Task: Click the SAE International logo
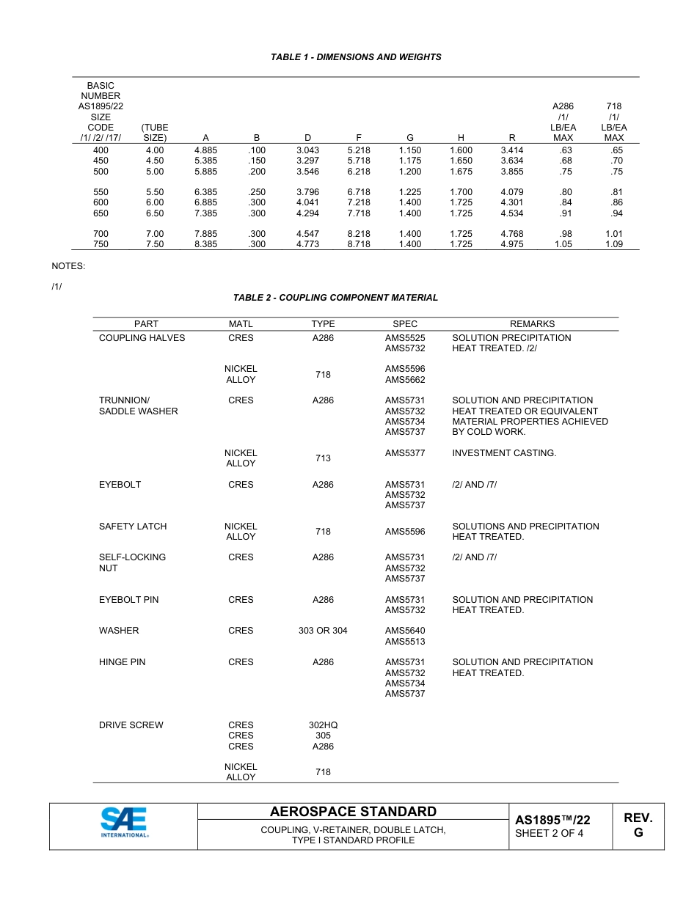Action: point(123,822)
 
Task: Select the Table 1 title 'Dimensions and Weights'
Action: point(356,57)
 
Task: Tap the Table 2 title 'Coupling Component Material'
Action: point(335,298)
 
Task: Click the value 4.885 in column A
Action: point(205,150)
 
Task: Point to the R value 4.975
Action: point(511,245)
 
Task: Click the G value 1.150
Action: point(409,150)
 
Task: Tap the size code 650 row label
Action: point(101,213)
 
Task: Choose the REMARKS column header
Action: point(532,323)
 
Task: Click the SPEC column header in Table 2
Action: point(405,323)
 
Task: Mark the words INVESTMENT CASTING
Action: point(504,453)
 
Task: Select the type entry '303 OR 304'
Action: point(323,631)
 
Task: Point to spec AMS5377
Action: point(405,453)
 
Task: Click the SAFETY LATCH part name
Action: point(133,527)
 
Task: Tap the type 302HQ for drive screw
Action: point(323,725)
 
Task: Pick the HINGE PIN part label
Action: point(122,662)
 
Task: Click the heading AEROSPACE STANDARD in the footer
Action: point(353,812)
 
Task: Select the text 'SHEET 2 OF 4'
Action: point(549,833)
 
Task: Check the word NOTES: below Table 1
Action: point(68,266)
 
